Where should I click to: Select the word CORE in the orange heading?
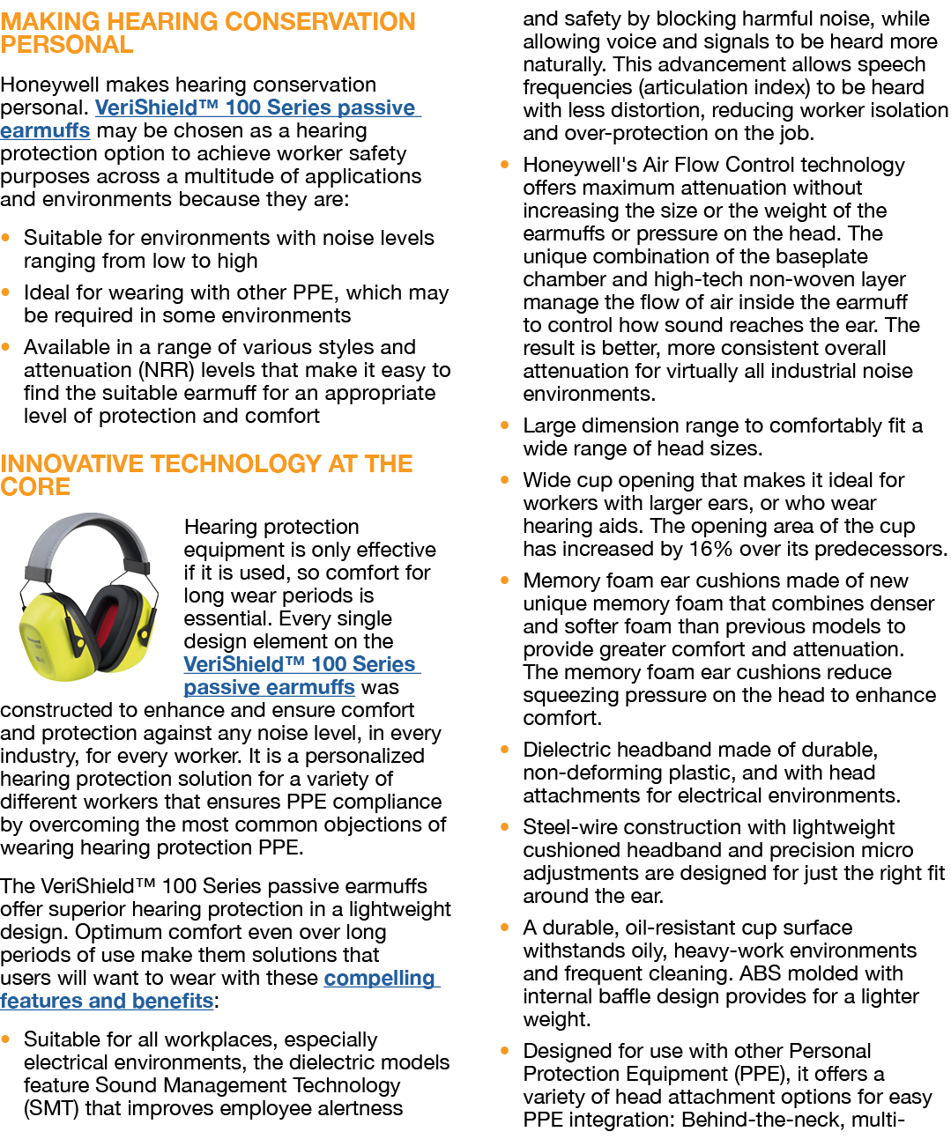coord(35,486)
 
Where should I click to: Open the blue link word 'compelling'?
coord(379,978)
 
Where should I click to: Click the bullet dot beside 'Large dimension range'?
coord(505,425)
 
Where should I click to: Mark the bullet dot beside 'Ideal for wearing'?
coord(7,292)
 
